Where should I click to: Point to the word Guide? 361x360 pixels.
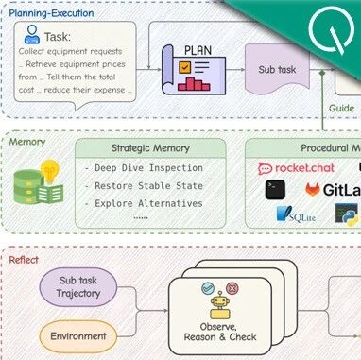[341, 108]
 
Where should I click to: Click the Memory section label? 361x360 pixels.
[26, 142]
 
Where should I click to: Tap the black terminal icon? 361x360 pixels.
[276, 190]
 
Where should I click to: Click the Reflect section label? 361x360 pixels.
[24, 258]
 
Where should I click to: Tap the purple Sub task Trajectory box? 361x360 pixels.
[78, 286]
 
